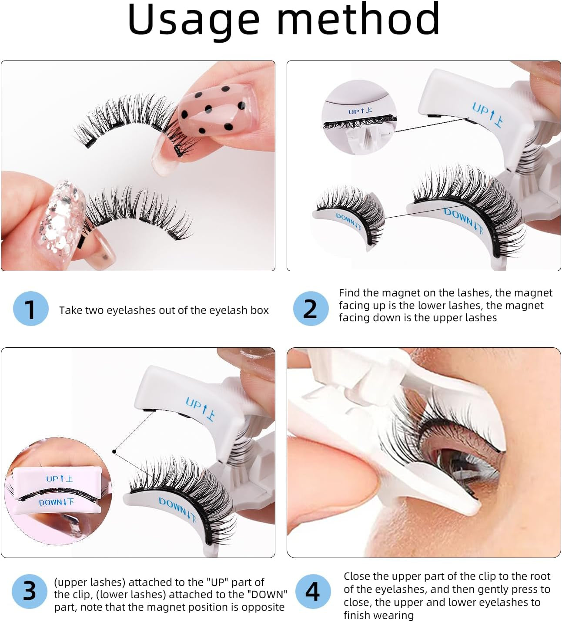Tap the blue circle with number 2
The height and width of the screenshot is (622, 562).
(x=310, y=309)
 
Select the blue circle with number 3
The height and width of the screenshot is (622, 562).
(x=29, y=592)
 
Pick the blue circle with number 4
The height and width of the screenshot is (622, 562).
(x=313, y=592)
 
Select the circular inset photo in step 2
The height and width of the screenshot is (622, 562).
(x=359, y=117)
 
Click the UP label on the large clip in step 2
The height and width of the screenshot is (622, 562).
(x=488, y=114)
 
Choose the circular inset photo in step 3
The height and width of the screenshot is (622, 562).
(x=58, y=491)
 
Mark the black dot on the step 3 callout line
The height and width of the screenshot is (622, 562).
(x=114, y=451)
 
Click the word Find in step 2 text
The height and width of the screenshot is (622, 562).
(x=350, y=293)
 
